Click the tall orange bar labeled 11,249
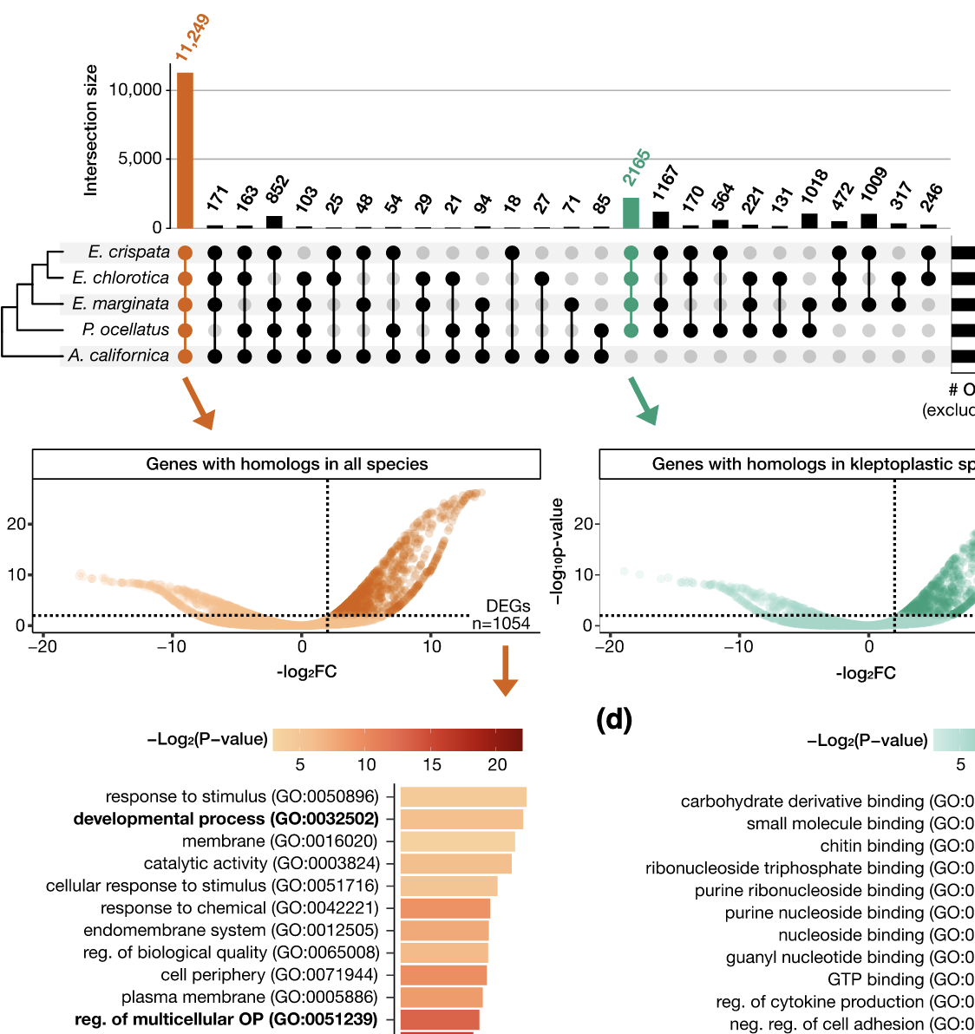pos(185,149)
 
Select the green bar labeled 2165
pos(631,213)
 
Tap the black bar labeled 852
pos(274,222)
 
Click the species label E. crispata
pos(128,252)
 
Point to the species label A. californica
pos(118,356)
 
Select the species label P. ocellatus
pos(125,330)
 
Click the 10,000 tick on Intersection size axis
pos(135,90)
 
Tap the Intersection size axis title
pos(91,130)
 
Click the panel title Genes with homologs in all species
pos(286,464)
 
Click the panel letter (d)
pos(614,719)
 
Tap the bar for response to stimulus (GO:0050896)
pos(462,797)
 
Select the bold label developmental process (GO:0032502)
pos(226,819)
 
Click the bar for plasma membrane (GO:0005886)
pos(441,998)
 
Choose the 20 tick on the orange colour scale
pos(497,764)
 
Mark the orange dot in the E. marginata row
pos(185,304)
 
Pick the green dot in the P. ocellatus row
pos(631,330)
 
